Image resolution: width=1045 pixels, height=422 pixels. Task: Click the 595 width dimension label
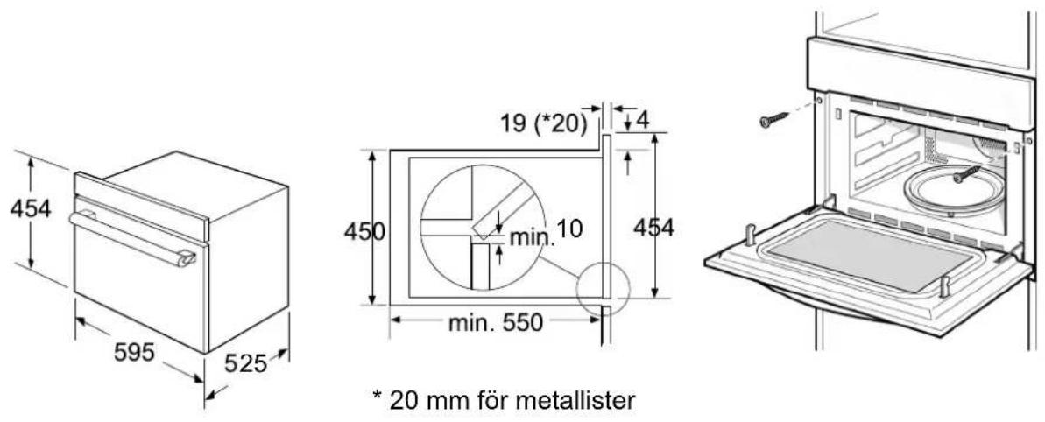[134, 351]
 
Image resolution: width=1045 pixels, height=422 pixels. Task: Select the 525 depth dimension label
[245, 363]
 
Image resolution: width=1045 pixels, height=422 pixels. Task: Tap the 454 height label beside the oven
[31, 208]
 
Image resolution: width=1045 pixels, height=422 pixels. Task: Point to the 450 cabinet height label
[364, 231]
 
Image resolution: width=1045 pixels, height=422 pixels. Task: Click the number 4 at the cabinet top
[642, 121]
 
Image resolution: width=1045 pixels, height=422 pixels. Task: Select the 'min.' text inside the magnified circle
[532, 237]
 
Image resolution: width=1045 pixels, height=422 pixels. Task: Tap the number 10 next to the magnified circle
[569, 229]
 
